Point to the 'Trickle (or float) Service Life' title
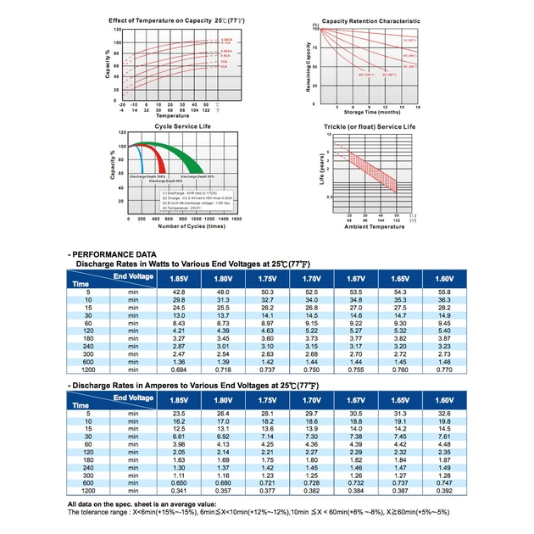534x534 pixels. pyautogui.click(x=370, y=126)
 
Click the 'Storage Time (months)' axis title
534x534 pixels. pyautogui.click(x=369, y=111)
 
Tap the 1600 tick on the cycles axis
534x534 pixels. pyautogui.click(x=236, y=219)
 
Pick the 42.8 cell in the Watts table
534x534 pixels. pyautogui.click(x=178, y=292)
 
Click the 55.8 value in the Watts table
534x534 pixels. pyautogui.click(x=444, y=292)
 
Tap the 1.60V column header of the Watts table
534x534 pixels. pyautogui.click(x=444, y=278)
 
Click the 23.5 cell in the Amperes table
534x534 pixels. pyautogui.click(x=178, y=413)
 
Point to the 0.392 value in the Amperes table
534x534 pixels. pyautogui.click(x=444, y=492)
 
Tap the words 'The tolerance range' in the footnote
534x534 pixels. pyautogui.click(x=95, y=513)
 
